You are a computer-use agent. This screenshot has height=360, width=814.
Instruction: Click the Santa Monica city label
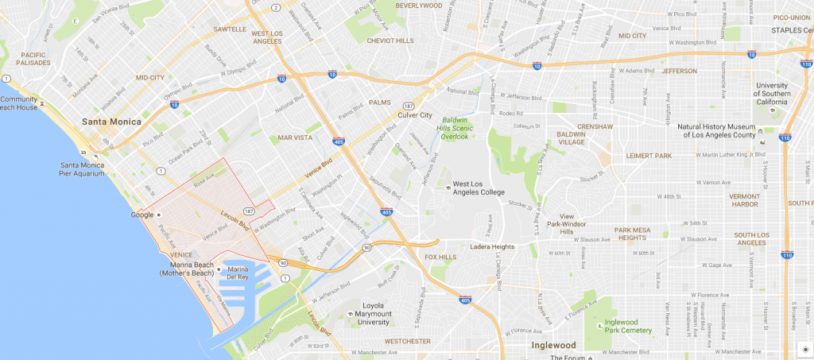tap(111, 122)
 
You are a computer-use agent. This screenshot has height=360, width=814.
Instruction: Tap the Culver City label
tap(424, 114)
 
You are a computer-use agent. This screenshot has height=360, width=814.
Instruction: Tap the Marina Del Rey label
tap(238, 273)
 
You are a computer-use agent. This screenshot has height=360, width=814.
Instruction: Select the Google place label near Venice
tap(142, 215)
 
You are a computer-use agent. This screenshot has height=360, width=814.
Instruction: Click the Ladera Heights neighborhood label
tap(492, 246)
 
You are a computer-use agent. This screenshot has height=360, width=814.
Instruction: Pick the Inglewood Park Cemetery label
tap(628, 326)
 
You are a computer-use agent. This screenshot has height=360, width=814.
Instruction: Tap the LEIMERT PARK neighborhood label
tap(649, 155)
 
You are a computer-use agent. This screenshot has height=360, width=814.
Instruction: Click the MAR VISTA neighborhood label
tap(295, 138)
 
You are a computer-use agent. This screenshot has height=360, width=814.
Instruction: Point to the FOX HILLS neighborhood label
tap(441, 257)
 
